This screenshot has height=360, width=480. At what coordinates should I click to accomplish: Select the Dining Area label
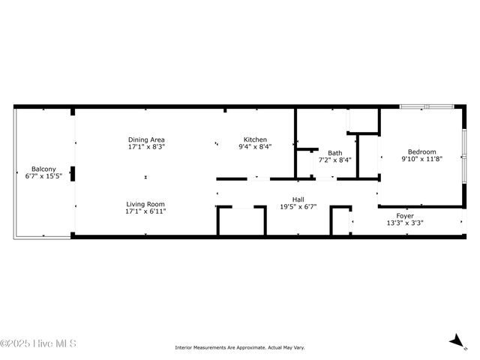[146, 139]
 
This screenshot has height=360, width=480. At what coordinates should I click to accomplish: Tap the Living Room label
[145, 204]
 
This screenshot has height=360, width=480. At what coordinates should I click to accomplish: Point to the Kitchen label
[255, 139]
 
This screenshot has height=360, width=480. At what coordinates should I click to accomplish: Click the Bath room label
[334, 152]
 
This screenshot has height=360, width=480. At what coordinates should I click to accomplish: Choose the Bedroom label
[421, 151]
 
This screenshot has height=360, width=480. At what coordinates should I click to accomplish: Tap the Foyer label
[405, 215]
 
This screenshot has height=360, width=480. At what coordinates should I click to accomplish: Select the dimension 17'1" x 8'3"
[146, 147]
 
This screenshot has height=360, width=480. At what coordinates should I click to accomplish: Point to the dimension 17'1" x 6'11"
[145, 211]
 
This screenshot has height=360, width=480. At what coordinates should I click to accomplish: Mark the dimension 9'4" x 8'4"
[255, 147]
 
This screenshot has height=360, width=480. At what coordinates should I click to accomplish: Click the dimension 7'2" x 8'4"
[334, 160]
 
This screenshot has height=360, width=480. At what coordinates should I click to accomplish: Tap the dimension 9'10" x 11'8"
[421, 159]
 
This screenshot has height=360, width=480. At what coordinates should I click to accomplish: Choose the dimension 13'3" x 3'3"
[405, 223]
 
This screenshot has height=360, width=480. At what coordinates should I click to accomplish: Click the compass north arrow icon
[457, 342]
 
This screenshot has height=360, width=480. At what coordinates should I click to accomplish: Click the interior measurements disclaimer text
[239, 347]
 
